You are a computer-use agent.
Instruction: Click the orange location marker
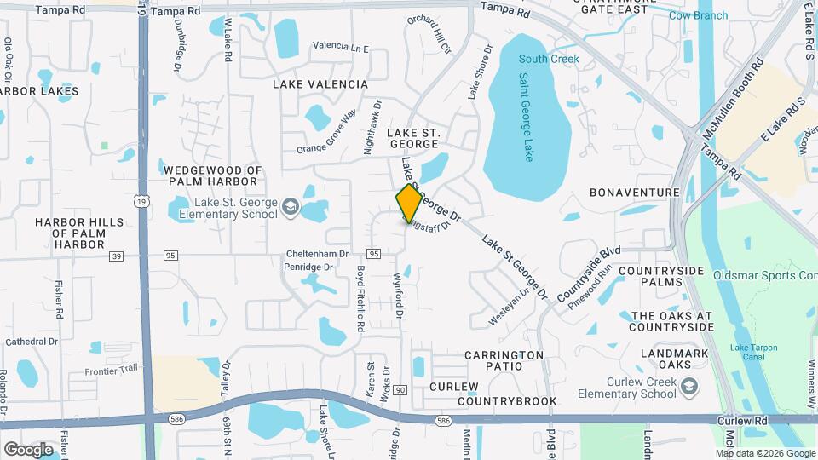pyautogui.click(x=410, y=203)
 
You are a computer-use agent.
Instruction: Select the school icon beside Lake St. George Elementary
pyautogui.click(x=291, y=207)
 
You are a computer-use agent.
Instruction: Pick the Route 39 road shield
pyautogui.click(x=118, y=256)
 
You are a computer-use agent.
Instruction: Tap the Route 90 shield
pyautogui.click(x=400, y=388)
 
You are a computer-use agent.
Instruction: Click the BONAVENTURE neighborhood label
pyautogui.click(x=646, y=193)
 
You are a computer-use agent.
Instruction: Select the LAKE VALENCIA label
pyautogui.click(x=320, y=84)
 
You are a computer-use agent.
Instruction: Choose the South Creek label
pyautogui.click(x=549, y=59)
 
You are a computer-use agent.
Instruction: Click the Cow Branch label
pyautogui.click(x=698, y=15)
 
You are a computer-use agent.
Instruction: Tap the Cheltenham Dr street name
pyautogui.click(x=316, y=254)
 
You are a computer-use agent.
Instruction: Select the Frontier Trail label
pyautogui.click(x=111, y=371)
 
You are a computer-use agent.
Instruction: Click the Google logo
pyautogui.click(x=28, y=449)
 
